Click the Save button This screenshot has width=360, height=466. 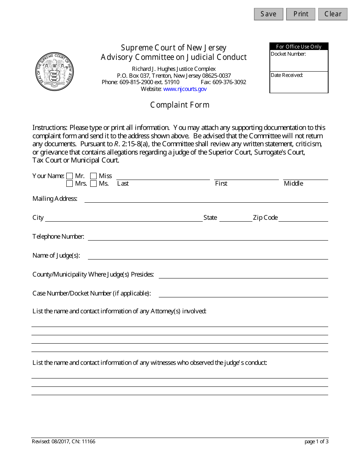[x=268, y=14]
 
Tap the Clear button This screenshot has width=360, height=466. [x=333, y=14]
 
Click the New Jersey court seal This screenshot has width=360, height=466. [x=55, y=72]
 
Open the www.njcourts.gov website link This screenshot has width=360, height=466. [x=185, y=89]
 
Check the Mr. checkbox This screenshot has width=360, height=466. [x=69, y=176]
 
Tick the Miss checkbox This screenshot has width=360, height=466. [x=93, y=176]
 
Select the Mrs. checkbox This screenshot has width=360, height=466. [x=69, y=184]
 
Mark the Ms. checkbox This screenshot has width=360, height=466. [x=93, y=184]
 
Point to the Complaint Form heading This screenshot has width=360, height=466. [x=180, y=105]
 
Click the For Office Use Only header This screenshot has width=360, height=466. [x=299, y=47]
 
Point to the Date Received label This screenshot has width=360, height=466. [x=287, y=75]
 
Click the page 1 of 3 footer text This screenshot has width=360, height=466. [x=316, y=441]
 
